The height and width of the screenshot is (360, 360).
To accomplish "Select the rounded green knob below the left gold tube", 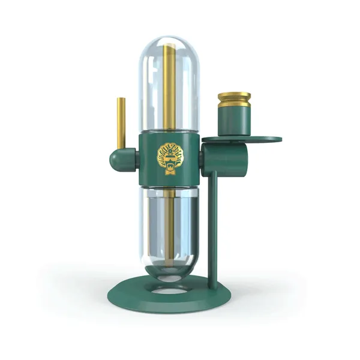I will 118,160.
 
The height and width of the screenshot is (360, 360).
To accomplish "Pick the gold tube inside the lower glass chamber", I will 170,222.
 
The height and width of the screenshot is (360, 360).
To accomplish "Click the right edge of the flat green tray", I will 279,140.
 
